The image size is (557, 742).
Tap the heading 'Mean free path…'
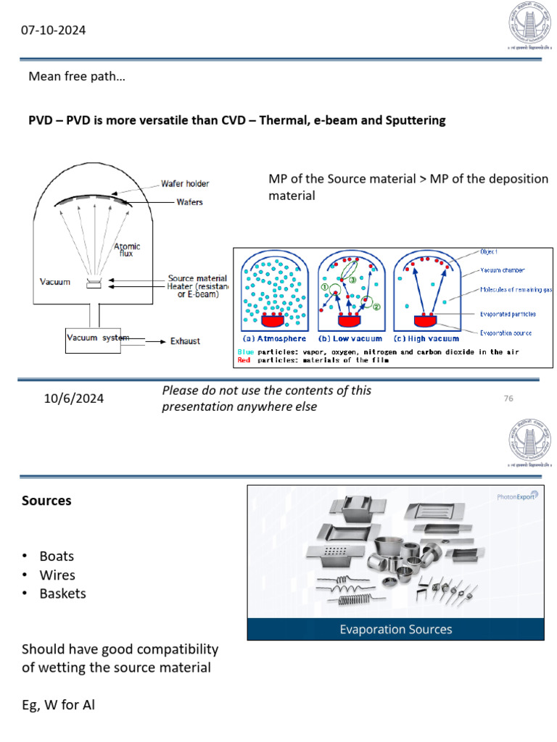point(76,76)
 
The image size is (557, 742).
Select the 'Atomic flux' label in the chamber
point(127,250)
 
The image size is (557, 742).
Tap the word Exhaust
point(185,341)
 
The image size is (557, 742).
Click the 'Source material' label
point(197,278)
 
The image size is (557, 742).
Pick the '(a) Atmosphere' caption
point(275,338)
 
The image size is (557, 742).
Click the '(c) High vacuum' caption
point(429,338)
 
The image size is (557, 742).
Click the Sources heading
point(46,501)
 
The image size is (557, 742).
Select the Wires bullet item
point(57,575)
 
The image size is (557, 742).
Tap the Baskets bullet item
point(62,593)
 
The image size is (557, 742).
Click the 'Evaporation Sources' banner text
point(395,629)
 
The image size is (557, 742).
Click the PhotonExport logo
point(516,497)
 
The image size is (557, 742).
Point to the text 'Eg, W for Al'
point(58,702)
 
